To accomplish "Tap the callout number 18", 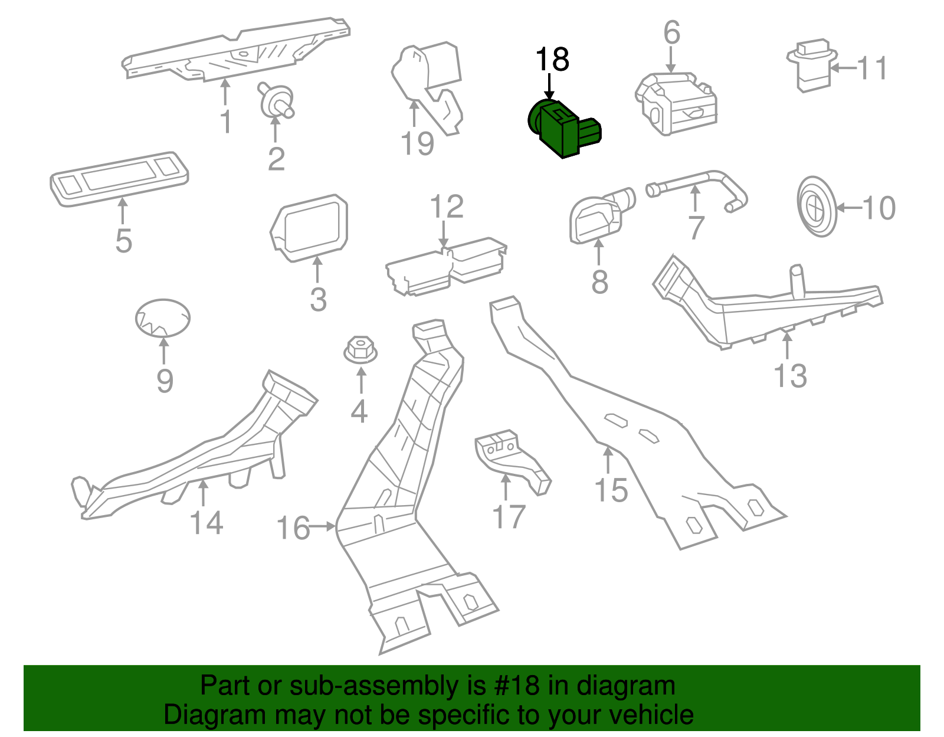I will coord(552,60).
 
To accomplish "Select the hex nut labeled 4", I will coord(360,349).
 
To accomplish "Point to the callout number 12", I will coord(447,207).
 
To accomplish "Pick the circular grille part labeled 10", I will coord(817,207).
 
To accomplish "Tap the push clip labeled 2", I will coord(276,101).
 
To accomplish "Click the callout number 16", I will coord(293,528).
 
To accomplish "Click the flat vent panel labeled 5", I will coord(120,178).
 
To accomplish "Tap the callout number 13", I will coord(790,375).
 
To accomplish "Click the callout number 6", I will coord(671,32).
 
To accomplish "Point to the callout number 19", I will coord(417,143).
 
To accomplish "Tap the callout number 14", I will coord(206,523).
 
